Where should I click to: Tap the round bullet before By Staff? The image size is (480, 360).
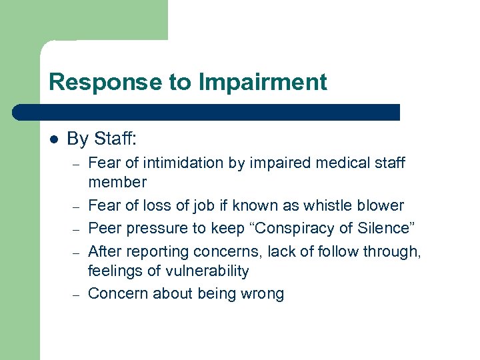[54, 139]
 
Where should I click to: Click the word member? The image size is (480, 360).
[117, 182]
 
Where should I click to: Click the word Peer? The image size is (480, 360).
[103, 227]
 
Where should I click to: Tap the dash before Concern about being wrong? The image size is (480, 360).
[77, 294]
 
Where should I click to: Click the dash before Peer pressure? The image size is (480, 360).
[77, 228]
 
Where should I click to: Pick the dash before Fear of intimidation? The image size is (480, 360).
[77, 163]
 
